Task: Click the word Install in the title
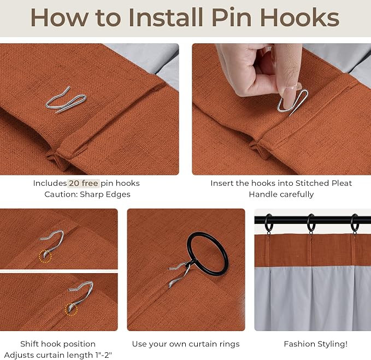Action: tap(166, 17)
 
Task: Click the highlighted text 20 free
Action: tap(84, 183)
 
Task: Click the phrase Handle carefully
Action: tap(281, 194)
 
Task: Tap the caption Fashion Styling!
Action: tap(316, 344)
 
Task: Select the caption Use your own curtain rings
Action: tap(186, 344)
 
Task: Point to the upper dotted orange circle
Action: tap(45, 256)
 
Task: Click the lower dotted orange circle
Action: tap(71, 309)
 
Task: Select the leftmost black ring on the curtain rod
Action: tap(269, 223)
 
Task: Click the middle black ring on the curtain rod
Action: tap(311, 223)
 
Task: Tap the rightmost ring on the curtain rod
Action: tap(355, 223)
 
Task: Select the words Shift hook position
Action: tap(58, 344)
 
